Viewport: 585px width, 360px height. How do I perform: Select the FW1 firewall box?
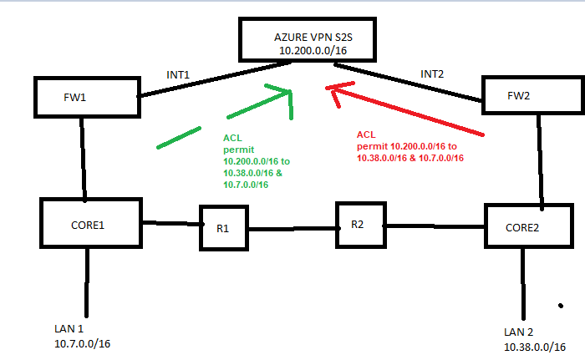click(x=86, y=97)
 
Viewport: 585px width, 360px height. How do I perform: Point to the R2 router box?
click(x=359, y=223)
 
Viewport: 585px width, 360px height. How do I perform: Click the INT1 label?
click(x=179, y=75)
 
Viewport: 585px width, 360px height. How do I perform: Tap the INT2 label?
click(x=432, y=74)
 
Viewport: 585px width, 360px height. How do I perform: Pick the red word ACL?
click(x=365, y=134)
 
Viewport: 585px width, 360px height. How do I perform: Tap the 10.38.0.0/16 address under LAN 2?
click(x=533, y=346)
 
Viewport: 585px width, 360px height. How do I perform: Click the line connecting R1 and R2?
click(x=293, y=228)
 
